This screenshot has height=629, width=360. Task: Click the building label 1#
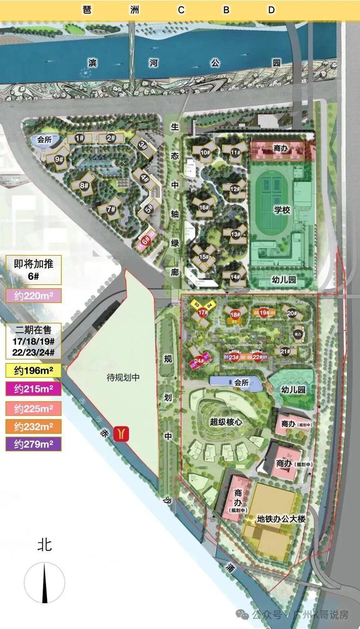click(80, 138)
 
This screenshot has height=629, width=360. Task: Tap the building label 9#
click(59, 159)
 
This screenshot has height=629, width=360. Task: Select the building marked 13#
click(236, 234)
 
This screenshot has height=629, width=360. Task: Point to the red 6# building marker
click(145, 239)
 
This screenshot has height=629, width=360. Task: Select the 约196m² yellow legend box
click(34, 371)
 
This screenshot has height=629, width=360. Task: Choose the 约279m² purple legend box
click(34, 444)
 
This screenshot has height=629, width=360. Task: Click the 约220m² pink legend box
click(34, 295)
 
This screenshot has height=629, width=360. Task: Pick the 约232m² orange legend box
click(34, 426)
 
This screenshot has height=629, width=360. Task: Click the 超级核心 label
click(225, 421)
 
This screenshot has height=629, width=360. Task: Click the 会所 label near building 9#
click(44, 140)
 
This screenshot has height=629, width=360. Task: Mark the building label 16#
click(205, 207)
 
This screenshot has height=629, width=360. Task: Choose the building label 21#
click(285, 352)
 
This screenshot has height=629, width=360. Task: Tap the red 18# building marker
click(235, 314)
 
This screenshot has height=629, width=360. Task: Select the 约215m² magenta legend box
click(34, 389)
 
